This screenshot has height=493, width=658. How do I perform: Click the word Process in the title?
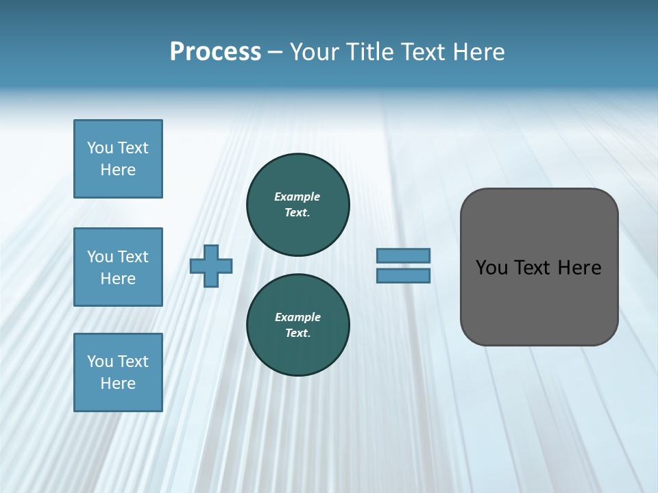pyautogui.click(x=215, y=52)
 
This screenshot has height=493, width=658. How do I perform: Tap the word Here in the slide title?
pyautogui.click(x=478, y=52)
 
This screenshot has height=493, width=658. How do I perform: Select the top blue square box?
pyautogui.click(x=118, y=159)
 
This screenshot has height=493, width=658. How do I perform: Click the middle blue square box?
pyautogui.click(x=118, y=267)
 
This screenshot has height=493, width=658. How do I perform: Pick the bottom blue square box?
pyautogui.click(x=118, y=372)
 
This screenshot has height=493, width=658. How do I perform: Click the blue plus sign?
pyautogui.click(x=211, y=266)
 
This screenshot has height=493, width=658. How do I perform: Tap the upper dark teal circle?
pyautogui.click(x=297, y=205)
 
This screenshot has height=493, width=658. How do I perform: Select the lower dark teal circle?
pyautogui.click(x=297, y=325)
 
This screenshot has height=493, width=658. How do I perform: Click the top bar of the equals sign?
pyautogui.click(x=404, y=255)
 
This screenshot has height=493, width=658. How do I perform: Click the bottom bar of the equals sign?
pyautogui.click(x=404, y=276)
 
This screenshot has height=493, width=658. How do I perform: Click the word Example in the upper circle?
pyautogui.click(x=297, y=197)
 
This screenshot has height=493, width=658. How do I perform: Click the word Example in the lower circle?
pyautogui.click(x=297, y=317)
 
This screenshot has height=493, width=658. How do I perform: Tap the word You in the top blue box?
pyautogui.click(x=99, y=148)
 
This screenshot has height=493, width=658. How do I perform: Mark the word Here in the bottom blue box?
pyautogui.click(x=118, y=383)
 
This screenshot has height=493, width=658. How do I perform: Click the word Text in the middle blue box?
pyautogui.click(x=132, y=257)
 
